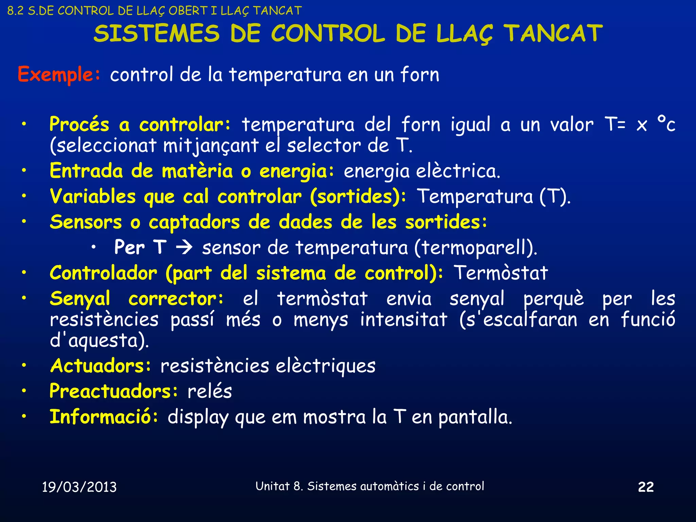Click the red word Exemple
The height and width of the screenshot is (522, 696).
(55, 74)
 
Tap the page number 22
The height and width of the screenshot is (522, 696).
(646, 487)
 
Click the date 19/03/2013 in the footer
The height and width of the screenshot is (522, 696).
(79, 487)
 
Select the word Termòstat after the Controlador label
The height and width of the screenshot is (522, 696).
(501, 273)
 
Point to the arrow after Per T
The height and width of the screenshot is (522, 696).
(185, 247)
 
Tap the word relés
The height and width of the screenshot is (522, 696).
(210, 391)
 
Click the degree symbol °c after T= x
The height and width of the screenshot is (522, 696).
(666, 124)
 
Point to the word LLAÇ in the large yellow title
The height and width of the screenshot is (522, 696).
(464, 34)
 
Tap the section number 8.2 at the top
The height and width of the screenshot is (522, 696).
(15, 11)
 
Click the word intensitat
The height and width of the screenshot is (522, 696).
(403, 320)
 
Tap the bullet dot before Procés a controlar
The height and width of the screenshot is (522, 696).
(24, 124)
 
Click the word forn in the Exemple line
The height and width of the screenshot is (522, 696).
(420, 74)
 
